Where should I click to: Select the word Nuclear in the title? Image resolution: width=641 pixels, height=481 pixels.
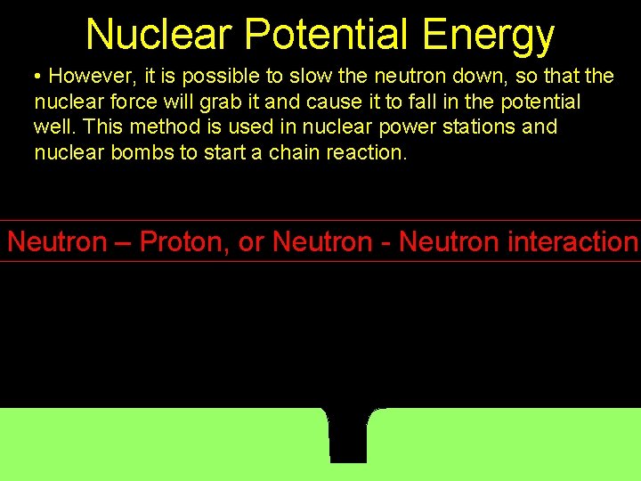158,36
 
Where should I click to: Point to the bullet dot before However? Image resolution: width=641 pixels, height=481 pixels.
38,77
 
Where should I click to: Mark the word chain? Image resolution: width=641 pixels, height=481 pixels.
294,152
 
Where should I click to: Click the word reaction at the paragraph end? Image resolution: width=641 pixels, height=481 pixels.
367,152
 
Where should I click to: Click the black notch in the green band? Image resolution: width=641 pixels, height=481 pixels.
349,436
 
